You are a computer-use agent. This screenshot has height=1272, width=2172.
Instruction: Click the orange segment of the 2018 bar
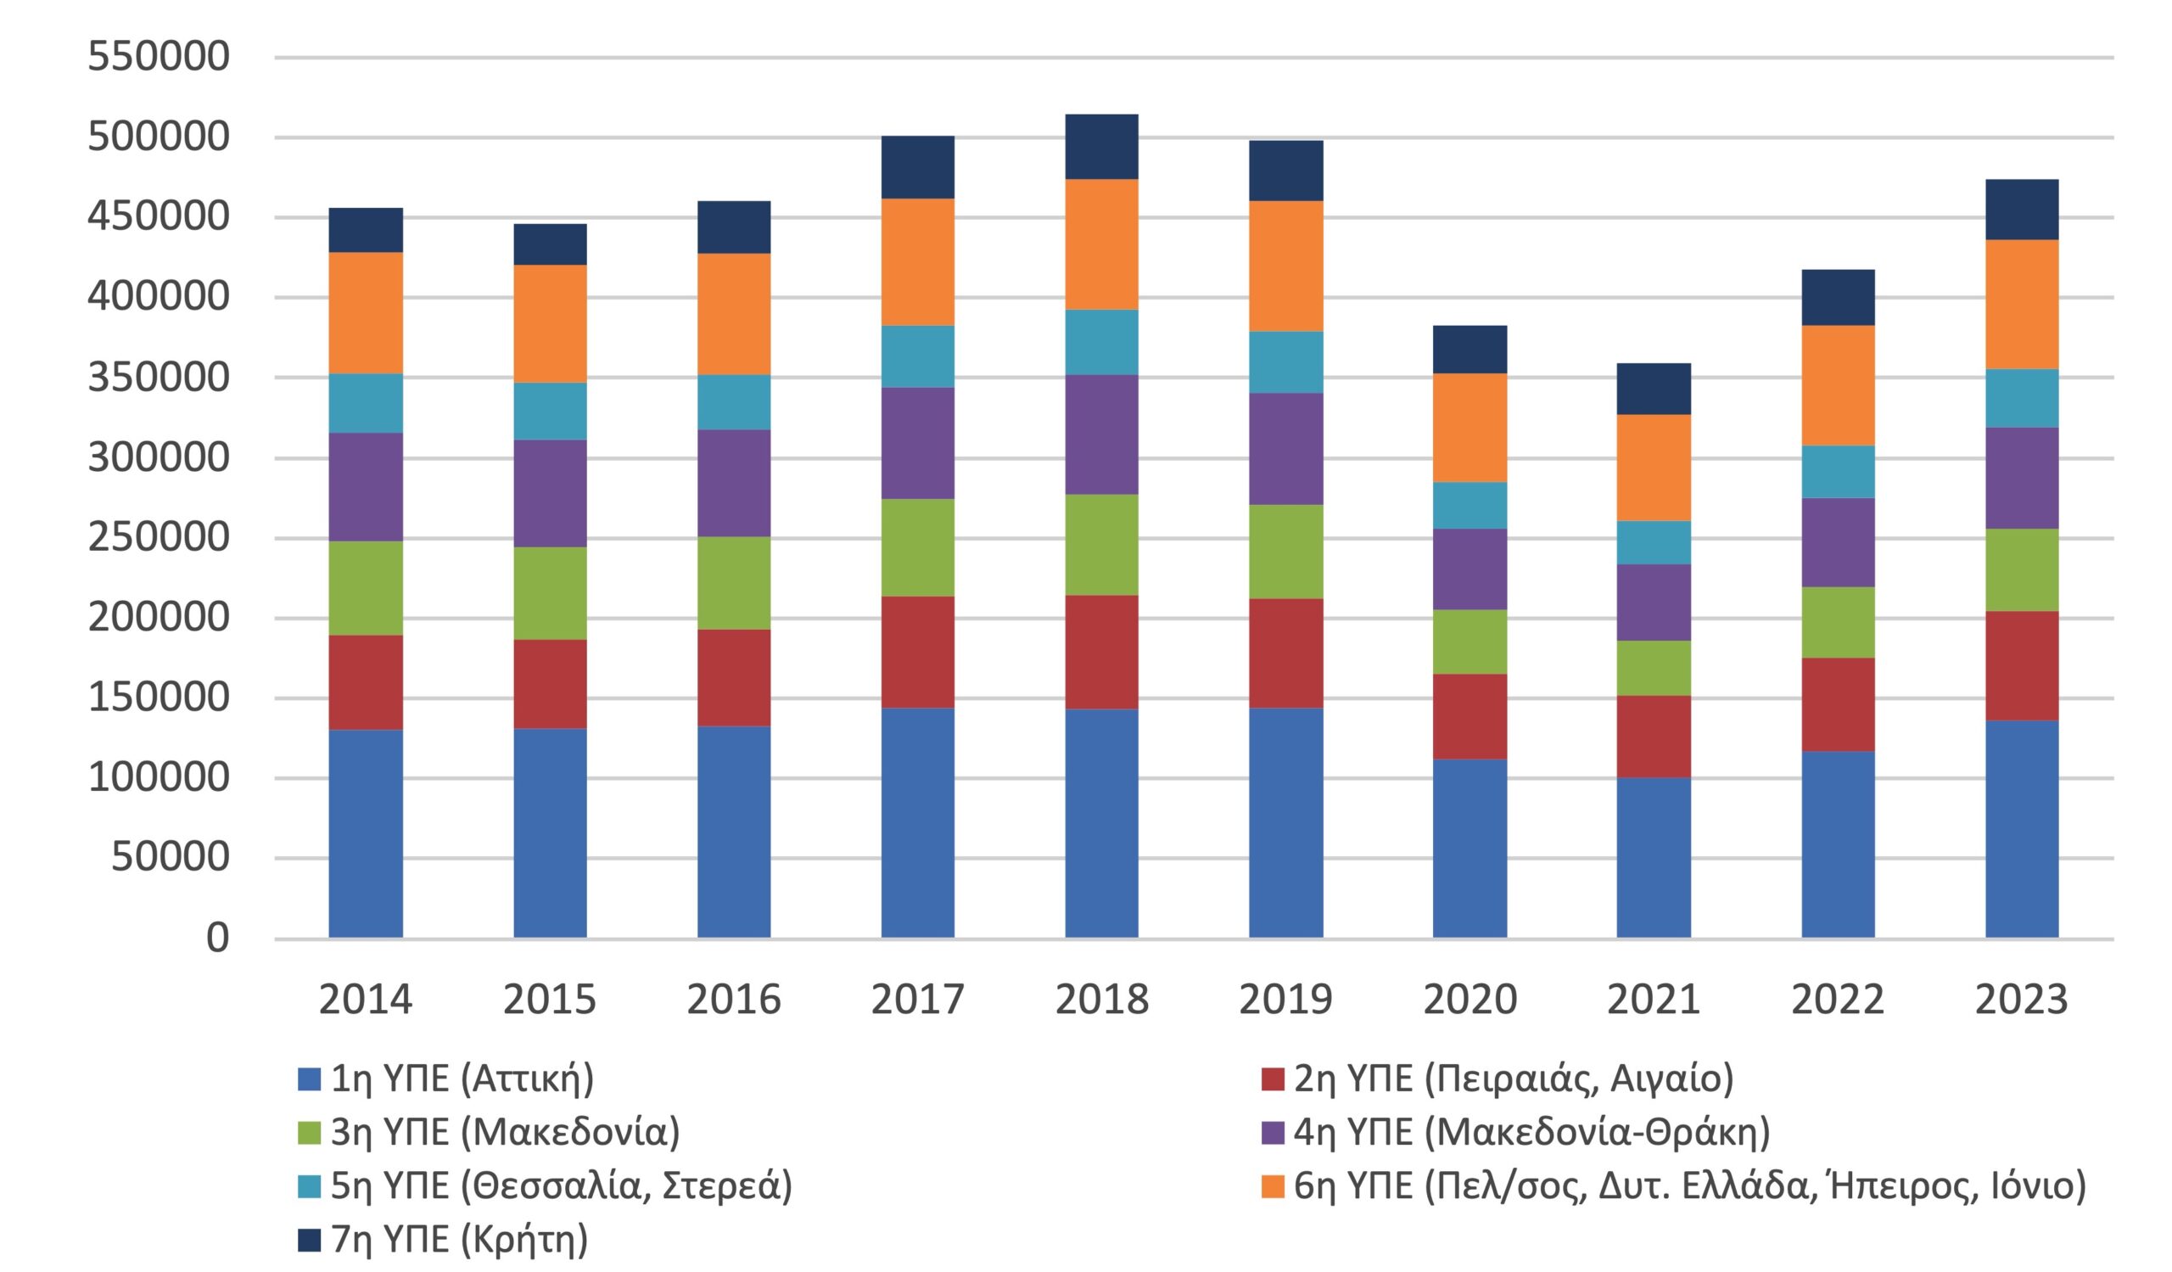(1100, 244)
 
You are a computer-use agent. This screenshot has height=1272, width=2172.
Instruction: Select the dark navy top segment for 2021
(1653, 389)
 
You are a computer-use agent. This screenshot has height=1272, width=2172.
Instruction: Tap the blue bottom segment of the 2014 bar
(366, 833)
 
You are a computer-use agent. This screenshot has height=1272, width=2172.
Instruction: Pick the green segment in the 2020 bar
(1469, 642)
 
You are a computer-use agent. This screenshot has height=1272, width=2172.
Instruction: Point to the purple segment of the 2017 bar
(917, 443)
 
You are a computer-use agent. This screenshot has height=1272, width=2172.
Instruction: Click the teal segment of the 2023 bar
(2021, 398)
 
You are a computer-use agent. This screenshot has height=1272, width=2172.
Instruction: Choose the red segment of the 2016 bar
(734, 677)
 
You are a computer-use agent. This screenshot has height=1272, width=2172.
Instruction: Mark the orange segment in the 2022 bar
(1838, 385)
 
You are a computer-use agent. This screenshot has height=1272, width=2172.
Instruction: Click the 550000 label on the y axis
(159, 57)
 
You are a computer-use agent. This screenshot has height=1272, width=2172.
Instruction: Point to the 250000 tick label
(159, 537)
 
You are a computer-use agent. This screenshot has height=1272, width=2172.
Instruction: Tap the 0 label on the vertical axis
(217, 938)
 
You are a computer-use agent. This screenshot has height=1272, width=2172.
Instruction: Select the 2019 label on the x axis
(1285, 1000)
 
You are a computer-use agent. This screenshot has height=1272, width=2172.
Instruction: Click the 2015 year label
(549, 1000)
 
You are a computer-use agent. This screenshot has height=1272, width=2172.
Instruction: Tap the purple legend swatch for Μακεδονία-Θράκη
(1272, 1132)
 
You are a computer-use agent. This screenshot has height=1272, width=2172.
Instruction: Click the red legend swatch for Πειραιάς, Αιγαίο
(1272, 1079)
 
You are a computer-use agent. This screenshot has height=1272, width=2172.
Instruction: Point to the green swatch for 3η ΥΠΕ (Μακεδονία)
(309, 1132)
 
